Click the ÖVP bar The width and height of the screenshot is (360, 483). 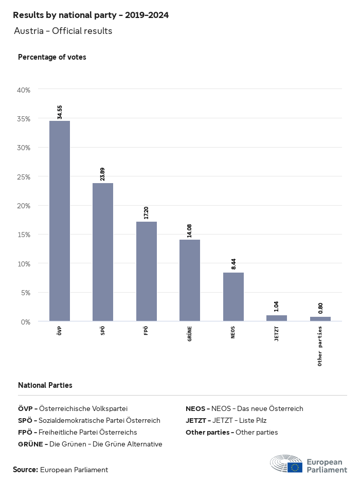point(60,221)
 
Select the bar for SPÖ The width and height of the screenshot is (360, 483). point(103,252)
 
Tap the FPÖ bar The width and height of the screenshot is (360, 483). point(147,272)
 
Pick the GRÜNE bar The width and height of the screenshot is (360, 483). point(190,280)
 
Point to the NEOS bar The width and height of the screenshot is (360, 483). point(233,297)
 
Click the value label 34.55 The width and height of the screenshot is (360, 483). point(60,112)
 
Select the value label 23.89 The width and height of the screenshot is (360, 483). point(103,174)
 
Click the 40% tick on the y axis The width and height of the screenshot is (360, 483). point(24,90)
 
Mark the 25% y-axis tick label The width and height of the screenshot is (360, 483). point(24,177)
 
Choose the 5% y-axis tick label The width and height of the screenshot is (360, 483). point(26,293)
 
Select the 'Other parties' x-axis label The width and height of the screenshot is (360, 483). point(320,346)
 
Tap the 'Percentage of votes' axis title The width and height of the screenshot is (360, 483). point(52,57)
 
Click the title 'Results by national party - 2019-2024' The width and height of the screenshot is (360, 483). point(91,15)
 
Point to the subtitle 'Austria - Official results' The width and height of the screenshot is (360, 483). point(63,31)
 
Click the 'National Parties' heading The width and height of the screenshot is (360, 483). point(45,385)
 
